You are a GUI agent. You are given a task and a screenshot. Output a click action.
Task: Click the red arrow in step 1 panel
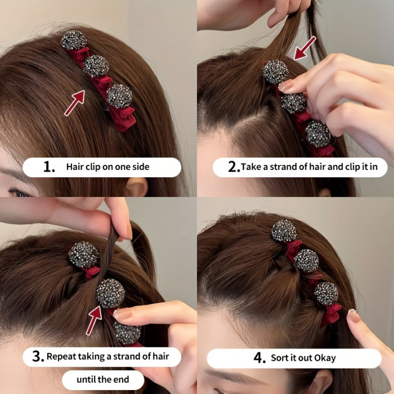74,102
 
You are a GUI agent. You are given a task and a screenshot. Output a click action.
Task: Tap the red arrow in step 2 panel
305,47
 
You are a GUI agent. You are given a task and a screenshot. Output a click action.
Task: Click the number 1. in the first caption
49,167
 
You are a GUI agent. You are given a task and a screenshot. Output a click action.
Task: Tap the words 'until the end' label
102,379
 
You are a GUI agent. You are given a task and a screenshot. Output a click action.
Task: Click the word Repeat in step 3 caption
62,356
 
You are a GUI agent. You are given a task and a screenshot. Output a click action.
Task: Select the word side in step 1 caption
140,167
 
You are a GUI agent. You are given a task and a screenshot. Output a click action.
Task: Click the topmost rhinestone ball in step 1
74,41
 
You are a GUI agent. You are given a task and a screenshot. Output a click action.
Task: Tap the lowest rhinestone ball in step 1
119,96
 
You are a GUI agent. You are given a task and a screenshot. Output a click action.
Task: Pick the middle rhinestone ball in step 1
96,66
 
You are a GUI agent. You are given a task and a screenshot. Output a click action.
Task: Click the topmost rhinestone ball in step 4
284,231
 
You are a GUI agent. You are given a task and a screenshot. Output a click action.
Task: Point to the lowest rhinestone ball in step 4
326,293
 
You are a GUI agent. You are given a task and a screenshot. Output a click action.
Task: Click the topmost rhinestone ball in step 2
275,72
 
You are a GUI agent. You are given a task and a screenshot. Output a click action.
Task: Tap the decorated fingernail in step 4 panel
353,316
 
